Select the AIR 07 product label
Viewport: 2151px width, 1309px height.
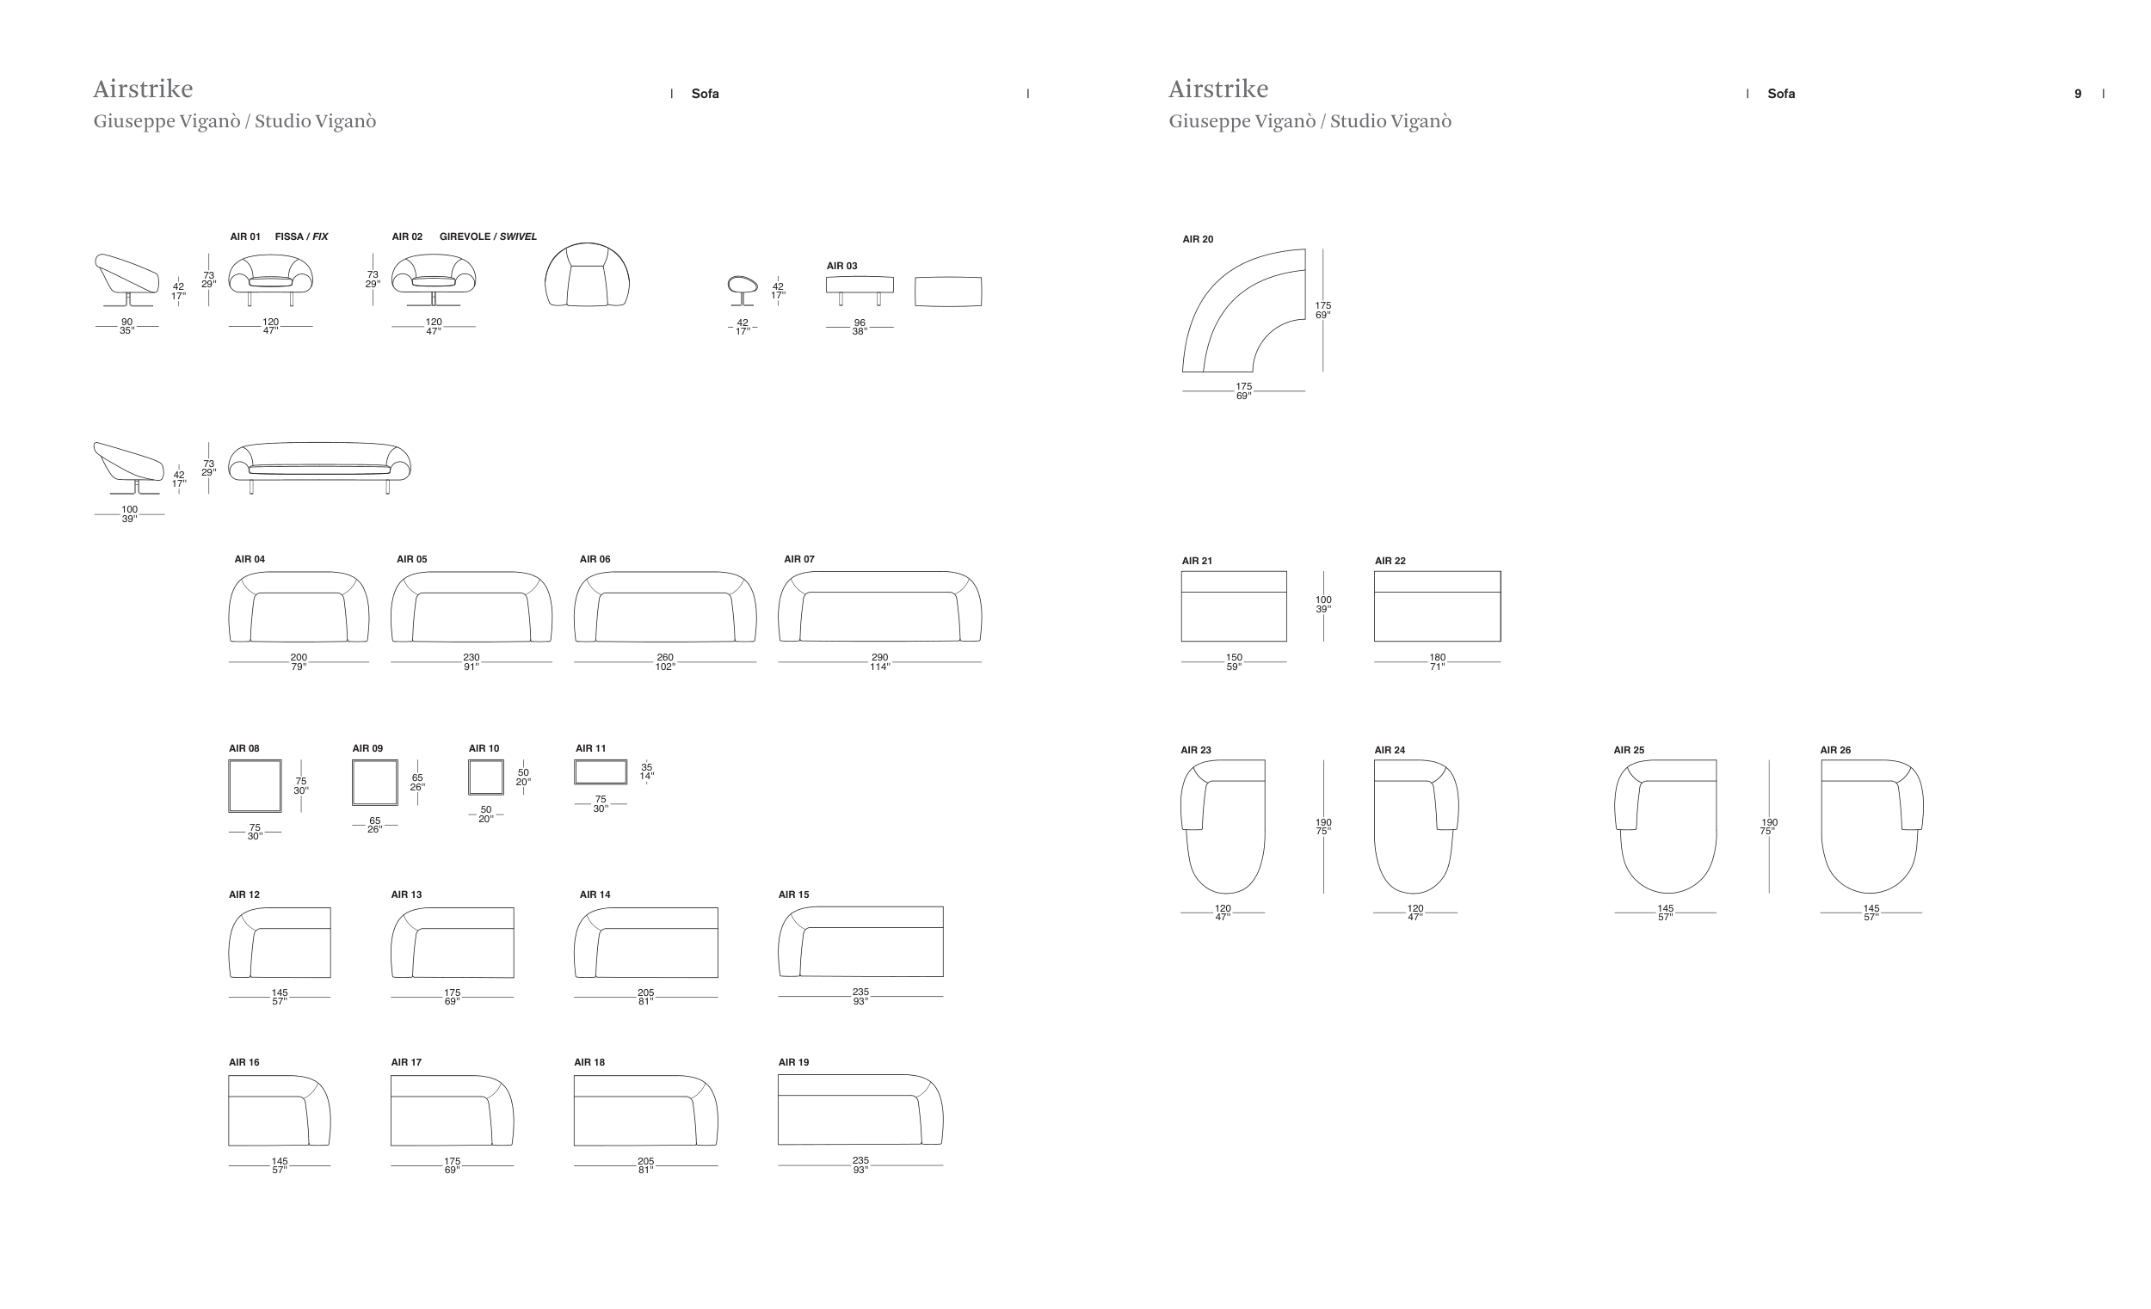(798, 559)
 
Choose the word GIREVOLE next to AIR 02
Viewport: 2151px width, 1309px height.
(465, 237)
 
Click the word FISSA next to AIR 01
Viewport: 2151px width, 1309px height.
(289, 237)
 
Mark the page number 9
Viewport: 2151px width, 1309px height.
(2078, 95)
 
